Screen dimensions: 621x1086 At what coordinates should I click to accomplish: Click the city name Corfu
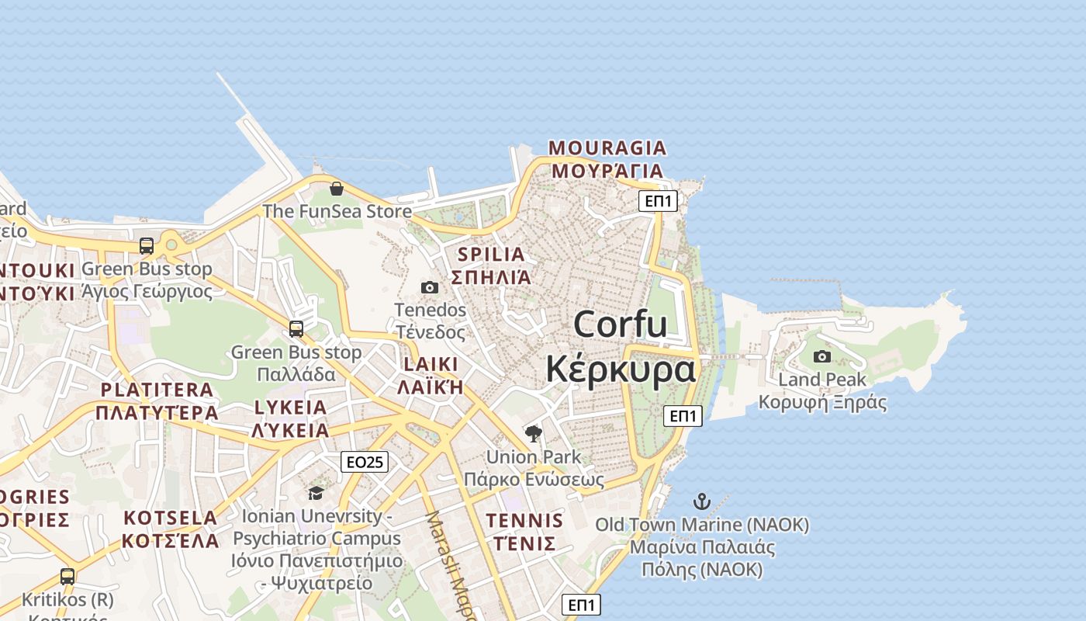pyautogui.click(x=620, y=324)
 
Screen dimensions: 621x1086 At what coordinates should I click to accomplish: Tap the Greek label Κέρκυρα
pyautogui.click(x=620, y=369)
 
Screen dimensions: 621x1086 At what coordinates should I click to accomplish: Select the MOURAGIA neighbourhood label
pyautogui.click(x=607, y=148)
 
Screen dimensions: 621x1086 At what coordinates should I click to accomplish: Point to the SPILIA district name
pyautogui.click(x=491, y=255)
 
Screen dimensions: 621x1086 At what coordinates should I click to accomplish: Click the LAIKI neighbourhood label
pyautogui.click(x=431, y=364)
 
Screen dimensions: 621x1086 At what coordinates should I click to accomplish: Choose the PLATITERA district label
pyautogui.click(x=157, y=390)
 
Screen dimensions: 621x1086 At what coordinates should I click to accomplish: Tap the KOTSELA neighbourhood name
pyautogui.click(x=171, y=518)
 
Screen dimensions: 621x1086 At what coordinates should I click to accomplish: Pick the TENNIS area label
pyautogui.click(x=524, y=520)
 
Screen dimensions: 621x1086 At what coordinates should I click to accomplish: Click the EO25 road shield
pyautogui.click(x=364, y=463)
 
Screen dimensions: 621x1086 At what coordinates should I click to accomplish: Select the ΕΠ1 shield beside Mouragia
pyautogui.click(x=659, y=202)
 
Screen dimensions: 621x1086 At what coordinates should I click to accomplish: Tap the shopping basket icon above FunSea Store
pyautogui.click(x=337, y=189)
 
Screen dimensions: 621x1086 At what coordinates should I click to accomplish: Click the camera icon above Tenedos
pyautogui.click(x=430, y=288)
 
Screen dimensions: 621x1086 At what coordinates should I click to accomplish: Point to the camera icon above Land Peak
pyautogui.click(x=821, y=357)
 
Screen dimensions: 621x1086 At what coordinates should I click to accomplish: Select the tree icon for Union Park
pyautogui.click(x=533, y=434)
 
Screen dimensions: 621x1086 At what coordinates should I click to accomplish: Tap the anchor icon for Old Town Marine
pyautogui.click(x=702, y=501)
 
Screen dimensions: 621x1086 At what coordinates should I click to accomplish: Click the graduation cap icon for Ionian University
pyautogui.click(x=316, y=493)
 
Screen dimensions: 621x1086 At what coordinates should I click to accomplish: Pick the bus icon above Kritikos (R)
pyautogui.click(x=67, y=577)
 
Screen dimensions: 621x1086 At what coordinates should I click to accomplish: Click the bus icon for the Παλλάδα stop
pyautogui.click(x=296, y=329)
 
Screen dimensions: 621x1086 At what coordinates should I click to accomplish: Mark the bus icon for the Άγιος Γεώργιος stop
pyautogui.click(x=147, y=246)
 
